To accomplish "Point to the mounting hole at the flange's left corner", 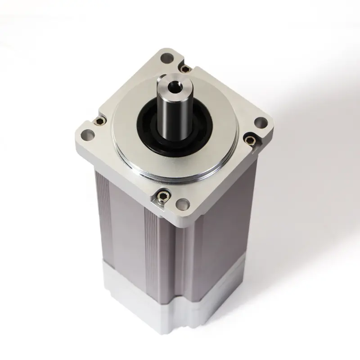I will tap(86, 134).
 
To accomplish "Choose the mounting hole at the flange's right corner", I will tap(261, 122).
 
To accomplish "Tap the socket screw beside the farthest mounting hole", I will tap(184, 68).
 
